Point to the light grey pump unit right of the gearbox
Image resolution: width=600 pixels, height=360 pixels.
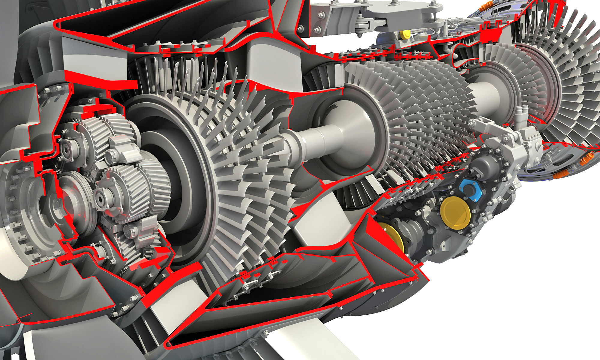coord(510,144)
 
